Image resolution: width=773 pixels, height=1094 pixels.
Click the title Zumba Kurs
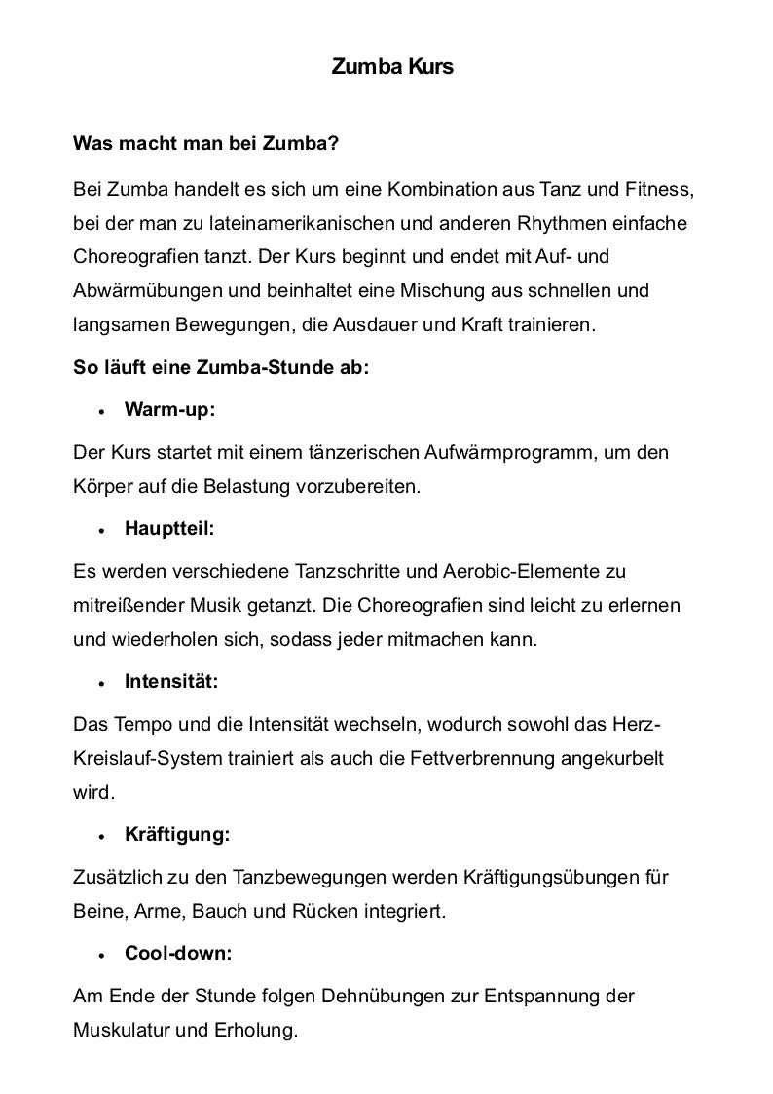pos(392,68)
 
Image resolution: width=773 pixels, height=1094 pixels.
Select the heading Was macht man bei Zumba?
pos(205,144)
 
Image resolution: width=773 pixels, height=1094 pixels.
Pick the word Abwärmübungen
pos(140,290)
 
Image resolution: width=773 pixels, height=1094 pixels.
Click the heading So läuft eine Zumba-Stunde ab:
pos(221,369)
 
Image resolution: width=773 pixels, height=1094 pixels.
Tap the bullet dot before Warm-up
pos(101,412)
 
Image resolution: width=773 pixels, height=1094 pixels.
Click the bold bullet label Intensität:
pos(171,682)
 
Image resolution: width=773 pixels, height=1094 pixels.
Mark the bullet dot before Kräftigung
pos(101,837)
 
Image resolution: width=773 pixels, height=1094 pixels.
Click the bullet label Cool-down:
pos(178,954)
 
